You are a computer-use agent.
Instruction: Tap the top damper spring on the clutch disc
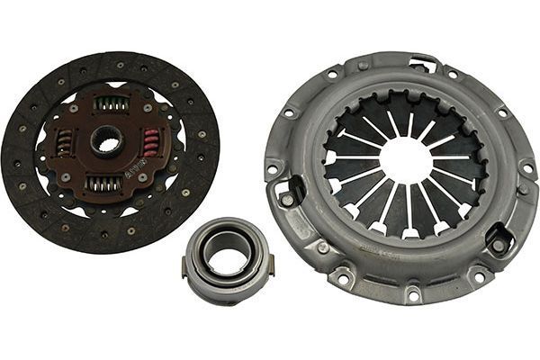(x=111, y=104)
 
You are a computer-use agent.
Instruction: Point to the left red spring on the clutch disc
(x=64, y=141)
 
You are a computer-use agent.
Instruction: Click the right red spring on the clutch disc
(x=150, y=142)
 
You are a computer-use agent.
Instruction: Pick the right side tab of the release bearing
(x=269, y=265)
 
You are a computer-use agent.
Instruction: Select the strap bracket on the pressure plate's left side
(x=290, y=191)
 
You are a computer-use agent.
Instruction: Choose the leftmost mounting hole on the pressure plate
(x=273, y=167)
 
